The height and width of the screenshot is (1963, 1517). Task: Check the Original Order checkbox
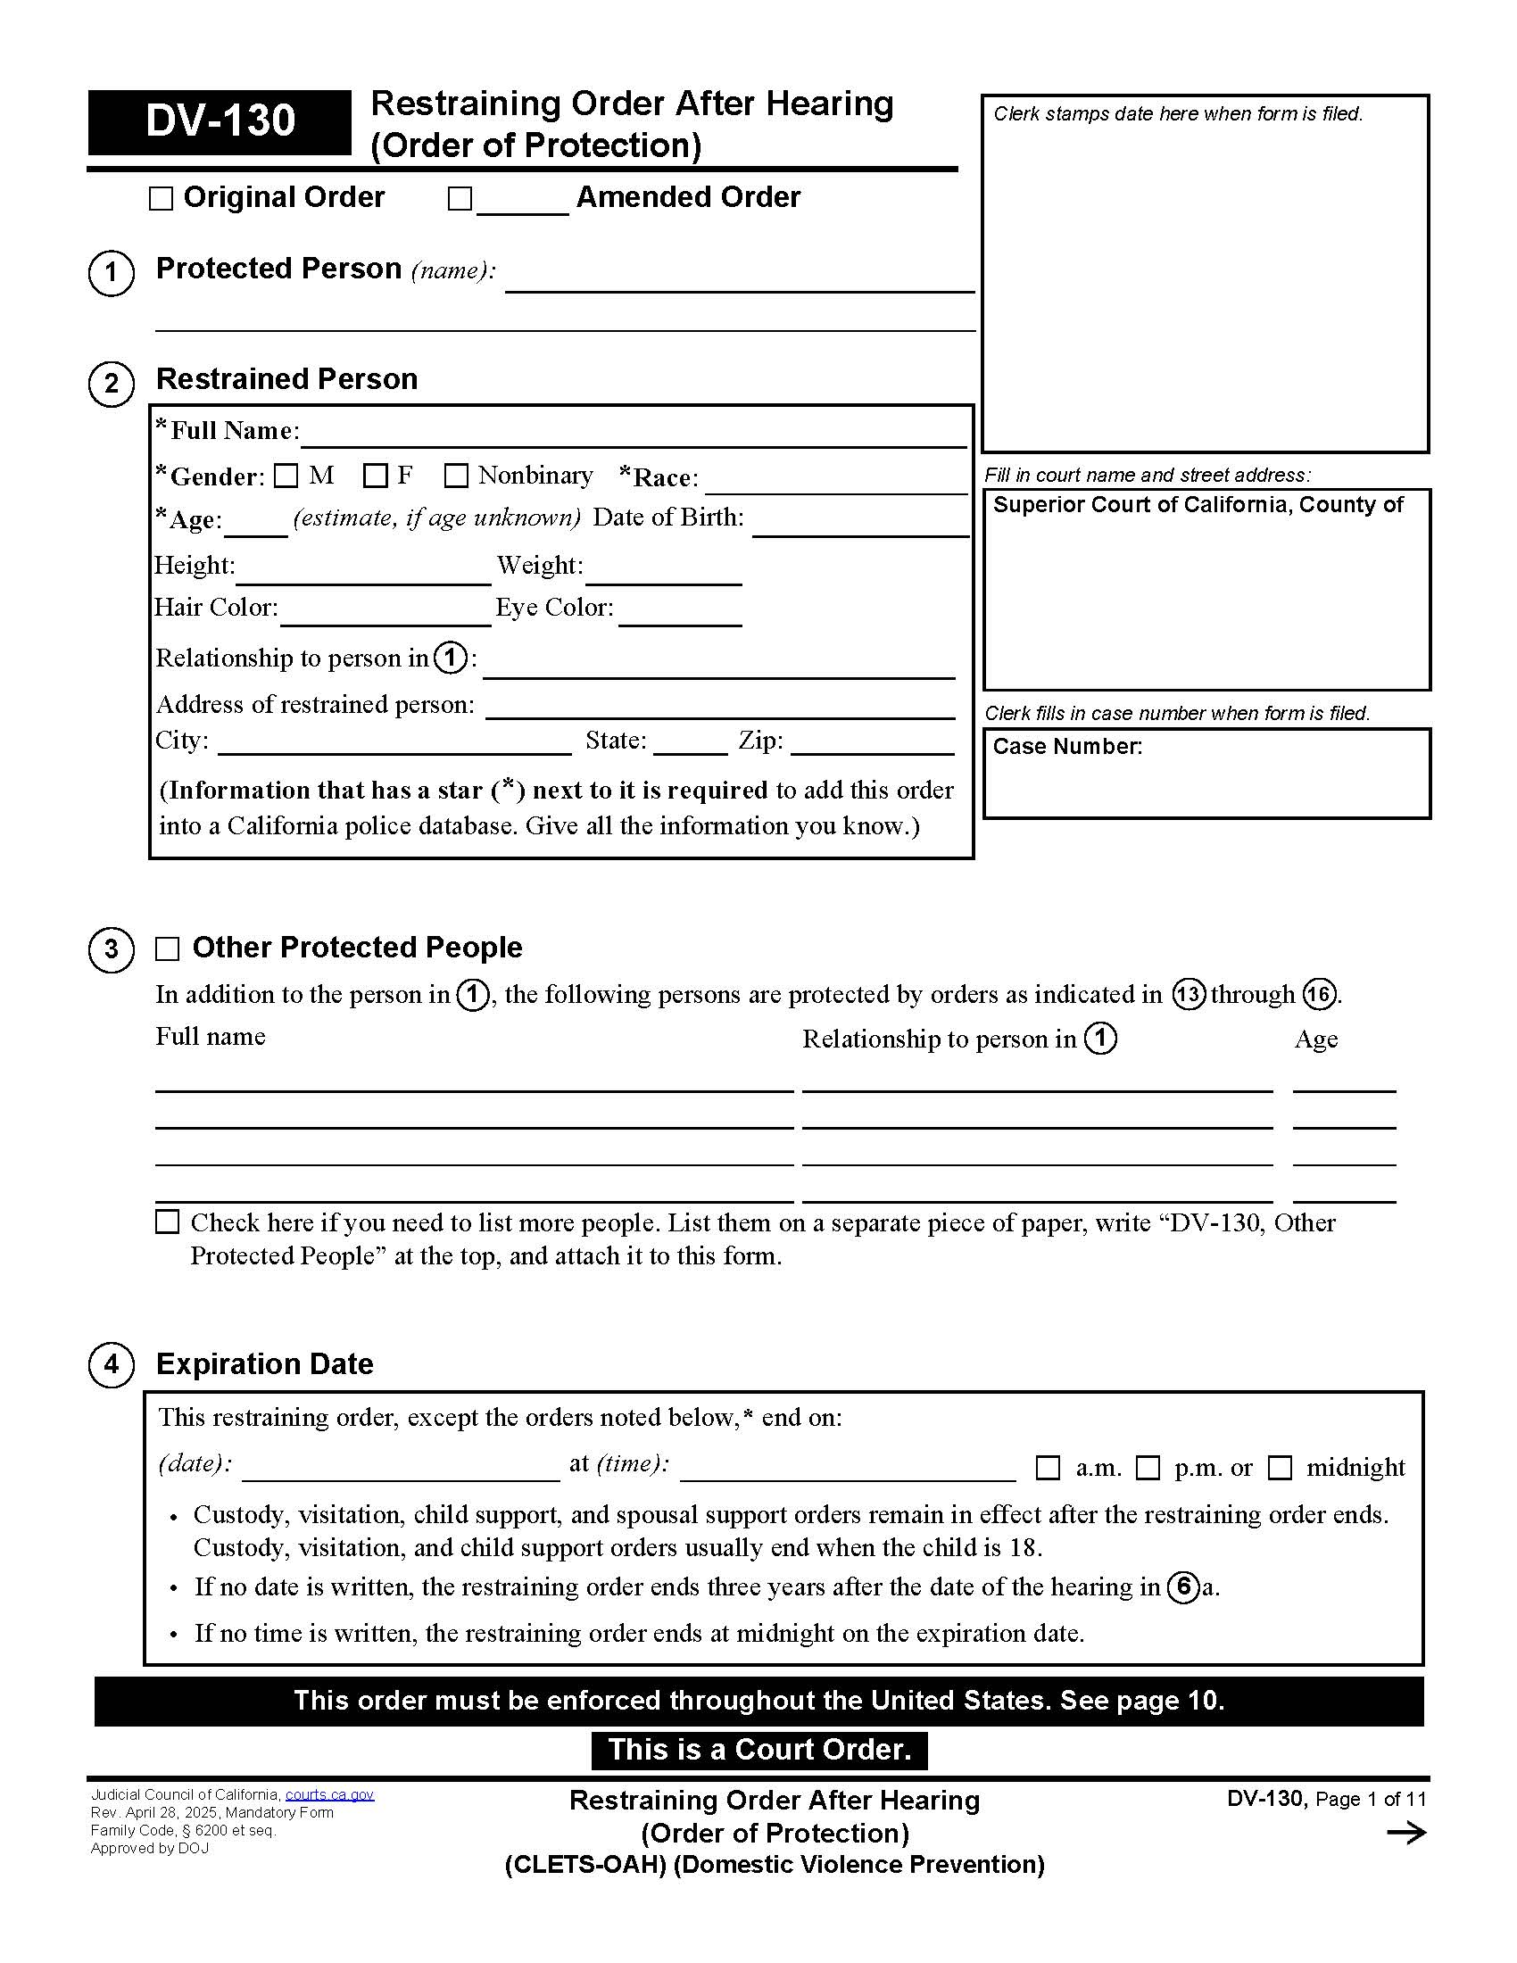[x=161, y=199]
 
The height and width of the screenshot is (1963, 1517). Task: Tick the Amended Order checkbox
[x=460, y=199]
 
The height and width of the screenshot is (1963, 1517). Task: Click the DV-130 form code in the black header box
[x=220, y=121]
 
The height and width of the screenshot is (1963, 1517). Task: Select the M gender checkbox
[x=286, y=476]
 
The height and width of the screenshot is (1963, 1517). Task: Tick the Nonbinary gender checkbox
[x=457, y=476]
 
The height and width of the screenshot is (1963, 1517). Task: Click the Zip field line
[x=872, y=745]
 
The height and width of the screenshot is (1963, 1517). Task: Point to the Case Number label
[x=1066, y=747]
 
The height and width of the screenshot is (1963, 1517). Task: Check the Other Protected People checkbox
[x=167, y=949]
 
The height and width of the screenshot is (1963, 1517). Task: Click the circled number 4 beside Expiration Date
[x=112, y=1364]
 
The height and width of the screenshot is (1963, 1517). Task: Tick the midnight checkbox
[x=1280, y=1469]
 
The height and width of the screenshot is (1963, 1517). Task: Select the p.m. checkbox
[x=1148, y=1469]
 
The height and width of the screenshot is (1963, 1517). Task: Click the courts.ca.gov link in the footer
[x=329, y=1795]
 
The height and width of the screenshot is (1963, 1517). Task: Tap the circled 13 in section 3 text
[x=1188, y=995]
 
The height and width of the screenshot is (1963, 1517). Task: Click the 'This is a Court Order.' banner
[x=759, y=1750]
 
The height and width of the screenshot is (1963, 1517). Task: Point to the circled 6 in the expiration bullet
[x=1183, y=1587]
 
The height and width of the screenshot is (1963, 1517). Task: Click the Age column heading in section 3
[x=1315, y=1039]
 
